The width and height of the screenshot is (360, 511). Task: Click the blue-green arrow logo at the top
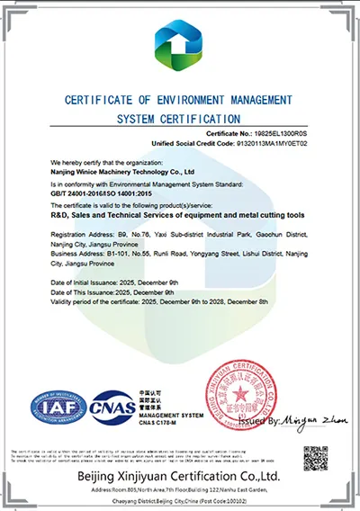[x=180, y=45]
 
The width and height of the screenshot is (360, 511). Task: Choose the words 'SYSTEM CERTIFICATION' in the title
[x=179, y=118]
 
